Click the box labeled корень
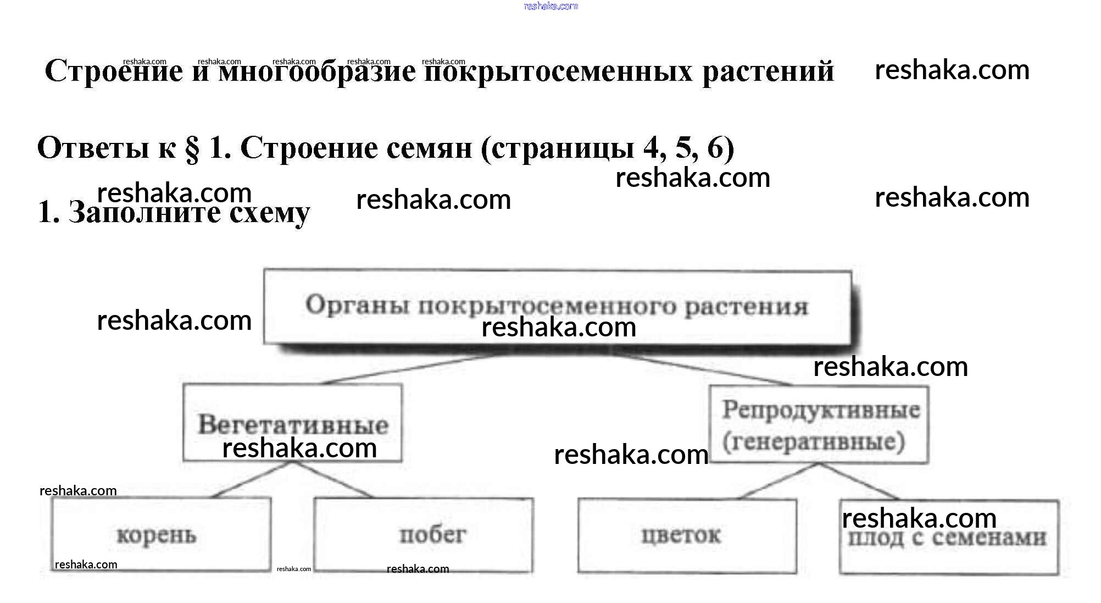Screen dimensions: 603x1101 pyautogui.click(x=161, y=534)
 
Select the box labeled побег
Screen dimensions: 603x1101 pyautogui.click(x=423, y=534)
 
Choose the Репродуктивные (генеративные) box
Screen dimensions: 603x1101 pyautogui.click(x=819, y=424)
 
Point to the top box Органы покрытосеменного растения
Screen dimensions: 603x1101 pyautogui.click(x=557, y=306)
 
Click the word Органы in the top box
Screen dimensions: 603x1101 pyautogui.click(x=357, y=305)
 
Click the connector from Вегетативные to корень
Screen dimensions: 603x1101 pyautogui.click(x=253, y=479)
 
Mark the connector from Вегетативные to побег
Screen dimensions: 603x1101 pyautogui.click(x=333, y=479)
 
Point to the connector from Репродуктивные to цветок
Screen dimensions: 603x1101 pyautogui.click(x=777, y=481)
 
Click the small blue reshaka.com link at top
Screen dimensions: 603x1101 pyautogui.click(x=550, y=6)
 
